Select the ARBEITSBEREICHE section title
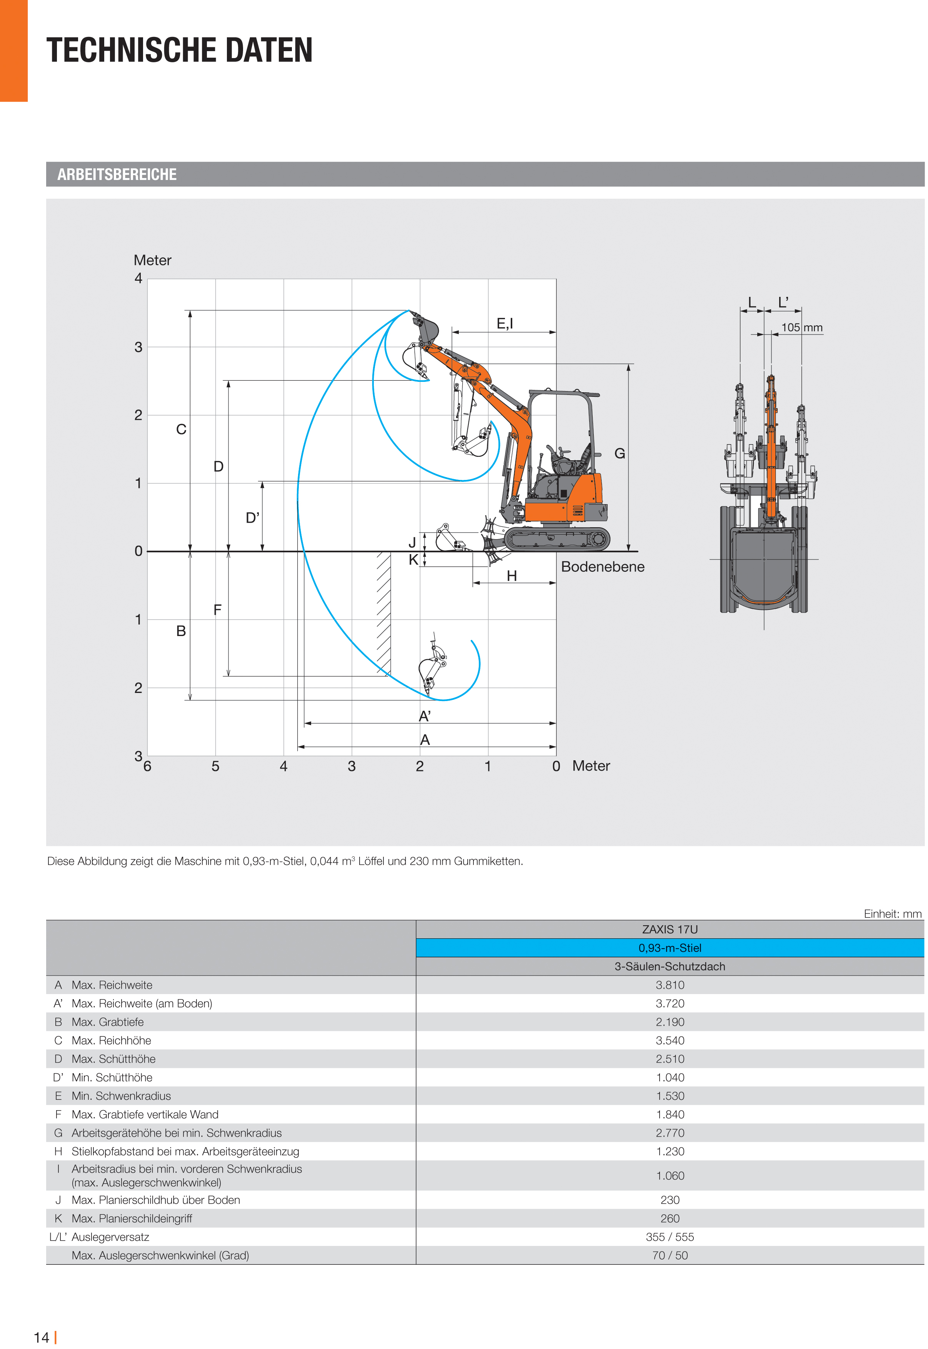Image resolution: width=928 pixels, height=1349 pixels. pos(117,175)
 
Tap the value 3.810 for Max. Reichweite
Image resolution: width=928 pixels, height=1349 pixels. pos(670,985)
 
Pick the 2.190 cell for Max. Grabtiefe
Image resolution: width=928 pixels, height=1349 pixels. pos(670,1022)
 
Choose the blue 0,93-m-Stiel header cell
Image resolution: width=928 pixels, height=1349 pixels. pos(670,948)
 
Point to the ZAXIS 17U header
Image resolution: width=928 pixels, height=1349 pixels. pos(670,929)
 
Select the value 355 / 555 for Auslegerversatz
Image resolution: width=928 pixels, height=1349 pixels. pos(670,1237)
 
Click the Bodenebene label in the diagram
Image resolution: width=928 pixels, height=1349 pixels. pos(602,566)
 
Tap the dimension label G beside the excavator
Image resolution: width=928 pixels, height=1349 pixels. pos(620,453)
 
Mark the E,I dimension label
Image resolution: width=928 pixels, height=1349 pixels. pos(505,324)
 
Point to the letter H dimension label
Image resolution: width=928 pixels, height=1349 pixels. pos(511,576)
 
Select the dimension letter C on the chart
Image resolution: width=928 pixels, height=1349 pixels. pos(182,429)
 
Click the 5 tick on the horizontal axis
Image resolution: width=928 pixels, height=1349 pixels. pos(215,766)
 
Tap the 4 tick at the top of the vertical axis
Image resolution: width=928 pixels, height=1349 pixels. pos(138,278)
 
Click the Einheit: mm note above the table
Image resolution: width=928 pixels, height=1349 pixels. pos(893,914)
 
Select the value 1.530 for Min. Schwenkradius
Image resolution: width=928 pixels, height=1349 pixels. pos(670,1096)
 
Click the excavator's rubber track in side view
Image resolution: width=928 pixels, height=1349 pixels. pos(556,539)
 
